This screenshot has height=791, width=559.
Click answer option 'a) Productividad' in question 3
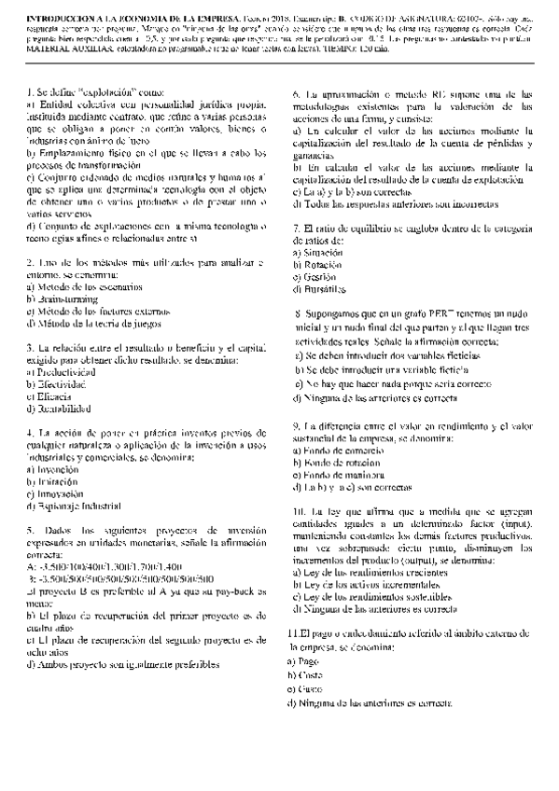point(62,371)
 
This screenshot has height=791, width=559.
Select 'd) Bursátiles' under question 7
point(319,289)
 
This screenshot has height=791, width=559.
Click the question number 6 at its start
point(296,94)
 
